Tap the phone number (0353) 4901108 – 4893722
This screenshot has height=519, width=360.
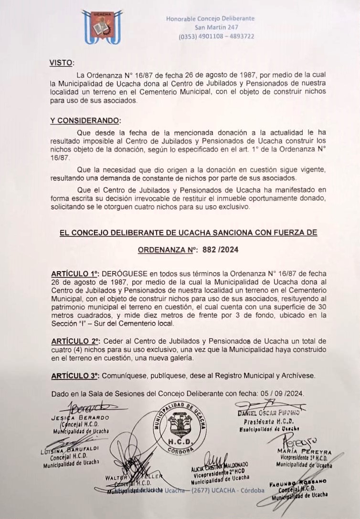point(216,36)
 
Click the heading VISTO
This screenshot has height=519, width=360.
point(62,63)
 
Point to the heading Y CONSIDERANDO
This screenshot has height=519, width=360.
point(85,120)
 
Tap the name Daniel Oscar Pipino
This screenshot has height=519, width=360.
point(268,413)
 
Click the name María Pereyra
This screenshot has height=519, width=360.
point(304,452)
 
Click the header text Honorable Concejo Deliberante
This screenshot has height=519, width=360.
point(210,19)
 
